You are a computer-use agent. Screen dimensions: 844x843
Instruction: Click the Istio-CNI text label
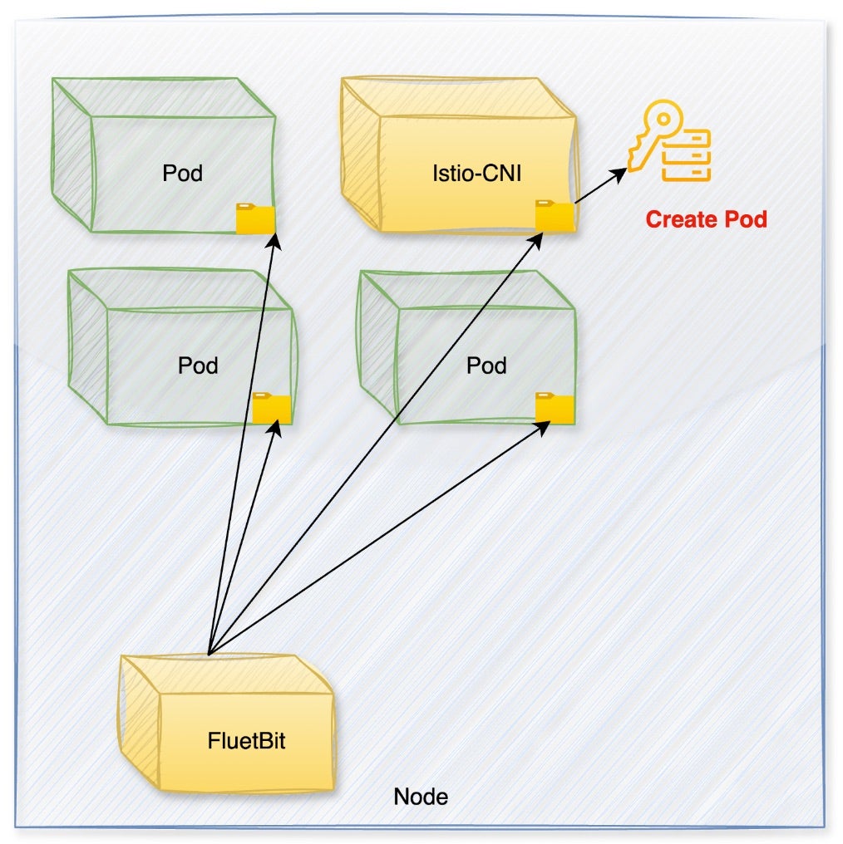coord(471,174)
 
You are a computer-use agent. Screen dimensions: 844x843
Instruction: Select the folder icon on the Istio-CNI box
coord(555,215)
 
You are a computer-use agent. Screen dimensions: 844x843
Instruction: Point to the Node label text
coord(421,797)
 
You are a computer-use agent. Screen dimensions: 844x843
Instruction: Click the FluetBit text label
coord(246,740)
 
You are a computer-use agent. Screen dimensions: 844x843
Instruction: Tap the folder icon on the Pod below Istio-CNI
coord(555,409)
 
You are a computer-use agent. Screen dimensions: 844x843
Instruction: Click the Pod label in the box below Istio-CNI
coord(487,366)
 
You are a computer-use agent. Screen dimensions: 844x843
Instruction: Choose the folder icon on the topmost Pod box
coord(255,219)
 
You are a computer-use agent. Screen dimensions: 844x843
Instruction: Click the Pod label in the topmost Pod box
coord(183,174)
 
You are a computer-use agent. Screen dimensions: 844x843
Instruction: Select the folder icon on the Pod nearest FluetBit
coord(272,409)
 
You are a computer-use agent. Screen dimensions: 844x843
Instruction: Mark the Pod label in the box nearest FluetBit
coord(198,366)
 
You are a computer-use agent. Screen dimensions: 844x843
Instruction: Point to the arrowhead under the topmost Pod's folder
coord(275,242)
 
